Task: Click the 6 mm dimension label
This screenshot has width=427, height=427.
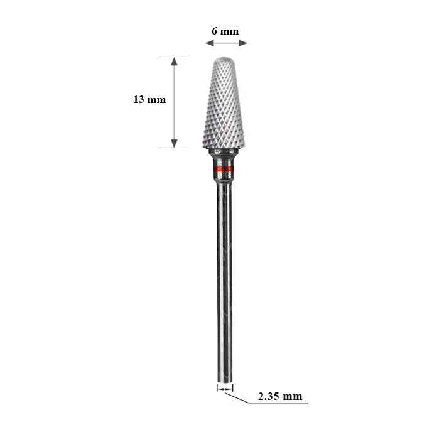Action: [x=225, y=31]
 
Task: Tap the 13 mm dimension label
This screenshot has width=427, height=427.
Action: [x=149, y=99]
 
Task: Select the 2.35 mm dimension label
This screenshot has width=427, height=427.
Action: [x=280, y=396]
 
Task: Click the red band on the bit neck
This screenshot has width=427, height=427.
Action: [x=224, y=168]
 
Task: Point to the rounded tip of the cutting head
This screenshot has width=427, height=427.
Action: [x=224, y=58]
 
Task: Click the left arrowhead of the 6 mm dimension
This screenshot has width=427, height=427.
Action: [x=210, y=43]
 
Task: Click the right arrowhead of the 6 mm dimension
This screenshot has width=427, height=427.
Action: [x=243, y=43]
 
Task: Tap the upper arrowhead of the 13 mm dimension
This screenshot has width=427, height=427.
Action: [x=175, y=62]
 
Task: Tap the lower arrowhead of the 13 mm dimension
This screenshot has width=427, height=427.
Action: [x=175, y=144]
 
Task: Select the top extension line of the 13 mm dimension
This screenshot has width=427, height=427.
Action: [x=175, y=57]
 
